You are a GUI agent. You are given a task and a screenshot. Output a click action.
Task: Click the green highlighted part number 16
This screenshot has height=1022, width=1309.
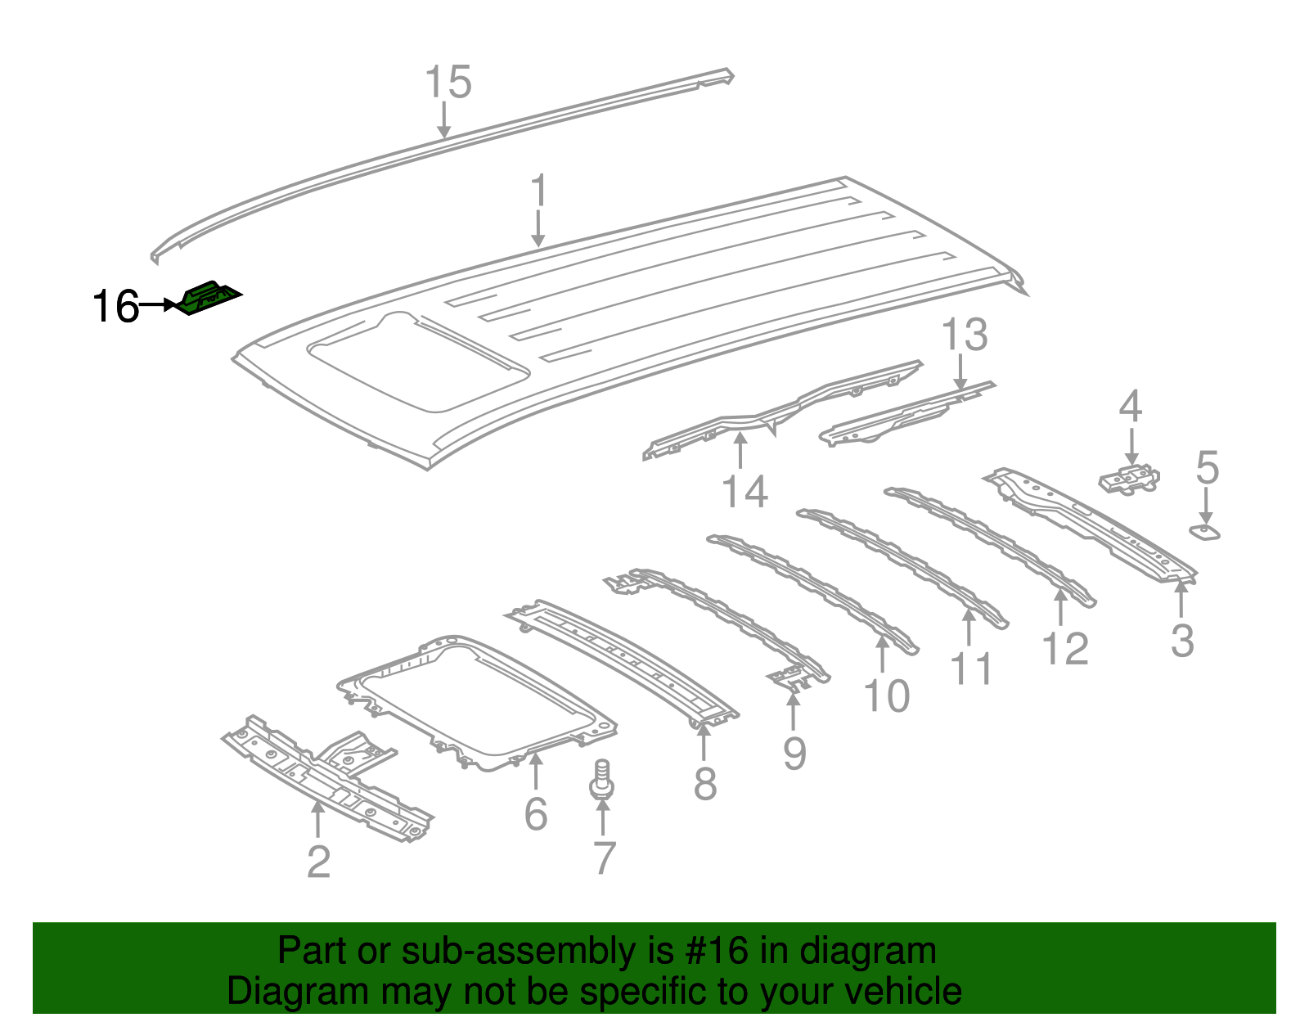(x=209, y=298)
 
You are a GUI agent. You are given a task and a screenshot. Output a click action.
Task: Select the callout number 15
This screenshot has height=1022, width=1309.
(x=448, y=83)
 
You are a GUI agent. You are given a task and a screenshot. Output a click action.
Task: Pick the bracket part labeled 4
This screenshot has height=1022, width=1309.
(x=1130, y=479)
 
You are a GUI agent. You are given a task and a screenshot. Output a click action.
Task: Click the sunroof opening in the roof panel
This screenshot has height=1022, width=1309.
(x=417, y=360)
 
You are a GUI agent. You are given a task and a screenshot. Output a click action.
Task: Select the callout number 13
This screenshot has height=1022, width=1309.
(x=965, y=335)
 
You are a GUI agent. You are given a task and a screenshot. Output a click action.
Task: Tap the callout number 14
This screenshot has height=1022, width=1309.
(x=744, y=492)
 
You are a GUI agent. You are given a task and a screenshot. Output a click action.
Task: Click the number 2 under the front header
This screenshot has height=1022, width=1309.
(x=318, y=862)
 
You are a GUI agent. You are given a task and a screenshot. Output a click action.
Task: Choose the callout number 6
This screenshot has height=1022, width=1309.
(x=535, y=813)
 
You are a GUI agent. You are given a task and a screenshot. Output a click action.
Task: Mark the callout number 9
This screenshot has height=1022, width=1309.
(x=794, y=753)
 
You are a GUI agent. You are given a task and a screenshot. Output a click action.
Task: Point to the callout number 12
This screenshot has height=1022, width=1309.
(x=1065, y=649)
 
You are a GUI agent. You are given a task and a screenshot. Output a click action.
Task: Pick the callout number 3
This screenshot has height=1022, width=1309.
(x=1182, y=641)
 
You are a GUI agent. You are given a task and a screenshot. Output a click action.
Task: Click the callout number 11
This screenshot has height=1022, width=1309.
(x=971, y=669)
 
